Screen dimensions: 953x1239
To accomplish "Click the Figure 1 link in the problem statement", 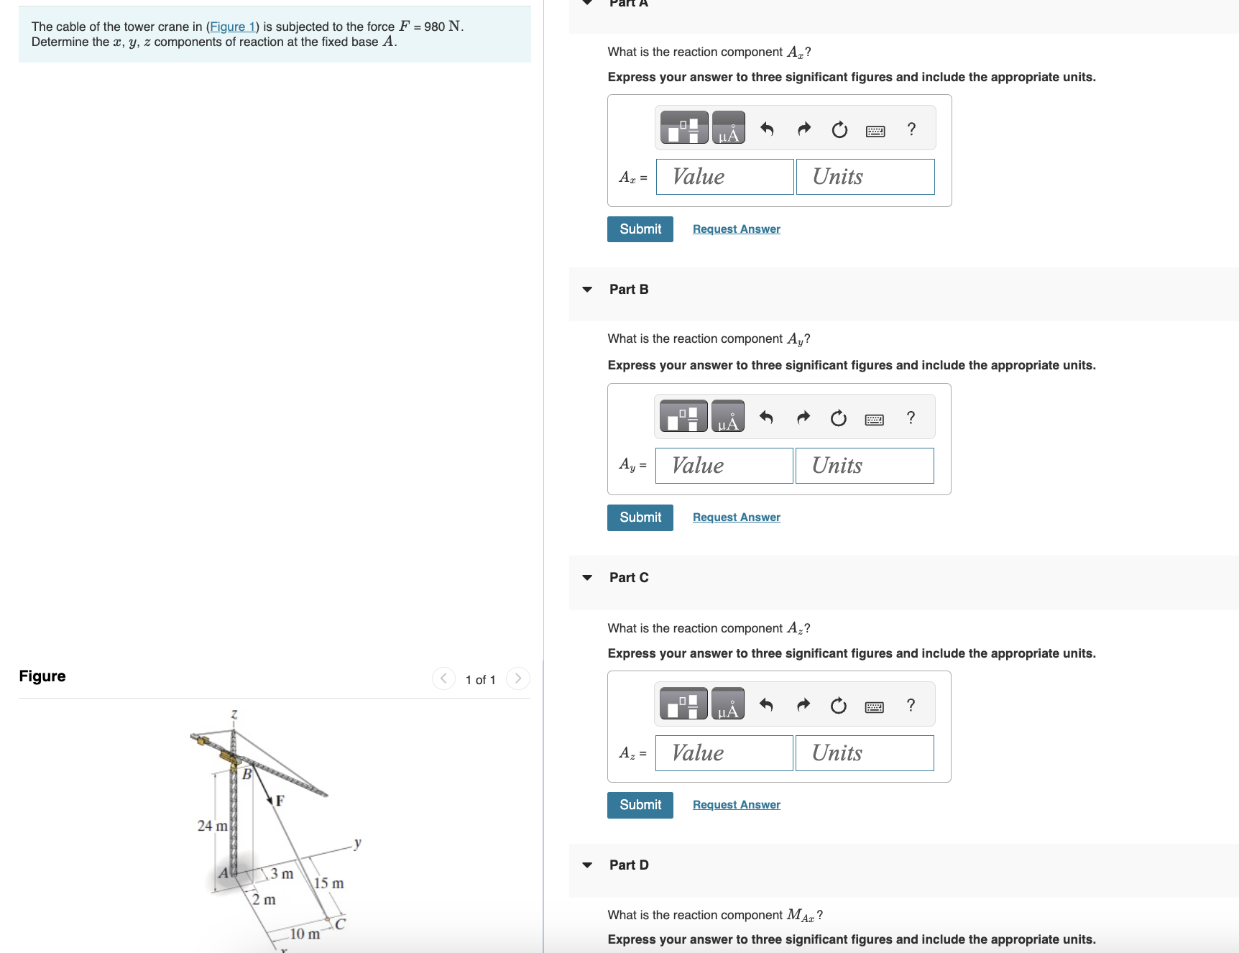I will (231, 27).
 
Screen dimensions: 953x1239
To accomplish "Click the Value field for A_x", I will (724, 177).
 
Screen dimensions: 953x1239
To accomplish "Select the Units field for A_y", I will (865, 466).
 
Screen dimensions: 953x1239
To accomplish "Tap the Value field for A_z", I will (724, 753).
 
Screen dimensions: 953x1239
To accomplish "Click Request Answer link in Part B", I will (736, 517).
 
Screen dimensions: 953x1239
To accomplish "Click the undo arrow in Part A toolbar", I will (767, 129).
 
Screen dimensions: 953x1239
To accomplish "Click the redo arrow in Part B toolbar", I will (803, 418).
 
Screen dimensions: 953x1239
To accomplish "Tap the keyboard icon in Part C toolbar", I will (875, 706).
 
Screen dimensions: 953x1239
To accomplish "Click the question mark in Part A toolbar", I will (911, 129).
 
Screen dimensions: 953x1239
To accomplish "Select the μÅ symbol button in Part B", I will (728, 418).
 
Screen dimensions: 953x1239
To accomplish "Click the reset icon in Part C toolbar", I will (838, 706).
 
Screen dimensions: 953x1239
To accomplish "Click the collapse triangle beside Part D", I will (587, 865).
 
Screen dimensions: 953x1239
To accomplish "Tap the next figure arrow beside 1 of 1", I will (517, 678).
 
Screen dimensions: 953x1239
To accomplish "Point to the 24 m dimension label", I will (212, 826).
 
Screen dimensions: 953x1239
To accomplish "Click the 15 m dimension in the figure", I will (328, 883).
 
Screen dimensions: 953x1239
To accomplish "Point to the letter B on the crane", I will (247, 774).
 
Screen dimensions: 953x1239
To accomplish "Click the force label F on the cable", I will (280, 801).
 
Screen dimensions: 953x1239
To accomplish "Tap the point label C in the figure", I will (341, 924).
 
